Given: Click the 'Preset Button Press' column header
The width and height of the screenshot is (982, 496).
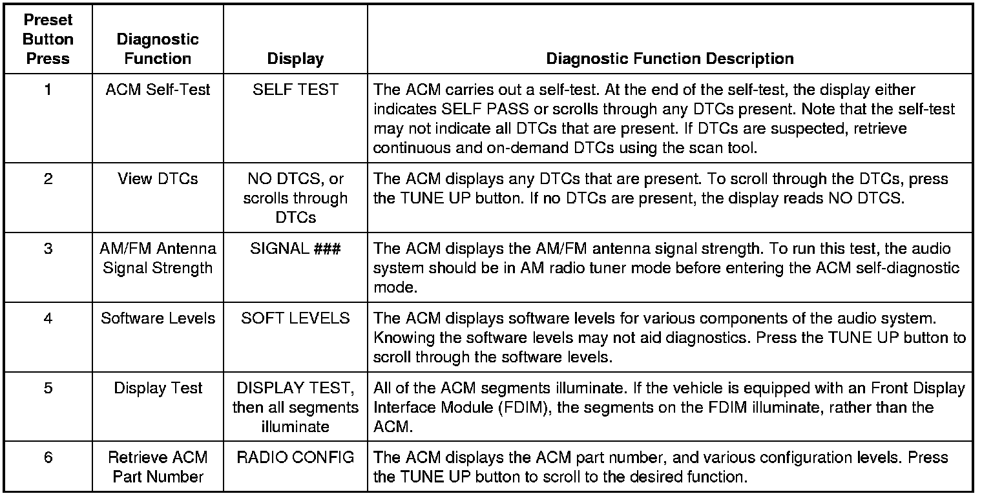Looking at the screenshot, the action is pyautogui.click(x=48, y=39).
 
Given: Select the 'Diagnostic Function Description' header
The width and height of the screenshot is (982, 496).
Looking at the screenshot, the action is pyautogui.click(x=670, y=59).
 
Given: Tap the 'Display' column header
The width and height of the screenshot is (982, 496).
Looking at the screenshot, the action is pyautogui.click(x=295, y=59).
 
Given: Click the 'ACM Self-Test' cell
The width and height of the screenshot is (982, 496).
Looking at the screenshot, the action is pyautogui.click(x=158, y=90).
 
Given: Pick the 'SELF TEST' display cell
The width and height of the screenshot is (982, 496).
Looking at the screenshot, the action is pyautogui.click(x=295, y=90).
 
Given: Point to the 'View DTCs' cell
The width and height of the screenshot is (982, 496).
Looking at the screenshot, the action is pyautogui.click(x=158, y=179).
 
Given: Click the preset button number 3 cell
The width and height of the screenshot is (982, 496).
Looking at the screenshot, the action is pyautogui.click(x=48, y=249).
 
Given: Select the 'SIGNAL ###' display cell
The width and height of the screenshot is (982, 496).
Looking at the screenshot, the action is pyautogui.click(x=295, y=249).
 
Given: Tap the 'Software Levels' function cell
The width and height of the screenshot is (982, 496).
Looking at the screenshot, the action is pyautogui.click(x=158, y=318).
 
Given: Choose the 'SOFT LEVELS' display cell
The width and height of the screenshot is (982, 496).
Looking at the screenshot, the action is pyautogui.click(x=295, y=318).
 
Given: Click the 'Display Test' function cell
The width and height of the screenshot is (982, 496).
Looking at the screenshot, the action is pyautogui.click(x=158, y=388).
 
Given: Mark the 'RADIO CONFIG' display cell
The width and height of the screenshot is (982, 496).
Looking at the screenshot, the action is pyautogui.click(x=295, y=458).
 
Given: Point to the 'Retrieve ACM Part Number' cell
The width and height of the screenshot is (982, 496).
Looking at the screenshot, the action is pyautogui.click(x=158, y=467).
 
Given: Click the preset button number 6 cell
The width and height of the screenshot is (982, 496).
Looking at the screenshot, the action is pyautogui.click(x=48, y=458).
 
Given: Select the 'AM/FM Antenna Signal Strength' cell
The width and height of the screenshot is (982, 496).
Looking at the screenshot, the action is pyautogui.click(x=158, y=258).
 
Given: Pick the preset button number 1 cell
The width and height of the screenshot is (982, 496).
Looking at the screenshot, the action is pyautogui.click(x=48, y=90).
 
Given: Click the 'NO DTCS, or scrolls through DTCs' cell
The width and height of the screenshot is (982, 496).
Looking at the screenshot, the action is pyautogui.click(x=295, y=198).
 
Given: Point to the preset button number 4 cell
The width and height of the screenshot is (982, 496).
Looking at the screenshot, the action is pyautogui.click(x=48, y=318).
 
